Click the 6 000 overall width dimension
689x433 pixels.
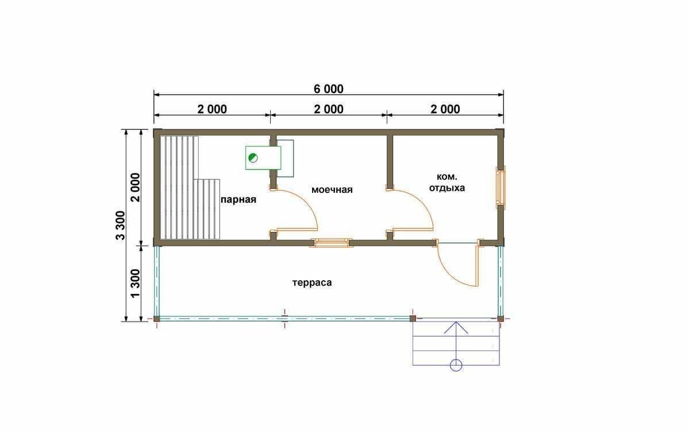coord(329,89)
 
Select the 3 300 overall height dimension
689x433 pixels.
coord(121,225)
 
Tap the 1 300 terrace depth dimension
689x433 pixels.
coord(135,283)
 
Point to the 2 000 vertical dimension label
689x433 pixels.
coord(135,187)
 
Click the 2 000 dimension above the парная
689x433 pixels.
coord(212,109)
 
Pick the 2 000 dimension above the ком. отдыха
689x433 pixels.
coord(445,109)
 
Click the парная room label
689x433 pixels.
coord(238,200)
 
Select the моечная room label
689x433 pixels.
coord(332,190)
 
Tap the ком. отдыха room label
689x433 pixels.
coord(447,183)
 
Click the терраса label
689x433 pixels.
coord(312,283)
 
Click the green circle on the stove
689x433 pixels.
coord(253,158)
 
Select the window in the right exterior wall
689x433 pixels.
coord(501,187)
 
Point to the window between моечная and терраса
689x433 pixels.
coord(332,242)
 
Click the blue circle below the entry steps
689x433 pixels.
coord(456,365)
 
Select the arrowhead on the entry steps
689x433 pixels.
coord(456,327)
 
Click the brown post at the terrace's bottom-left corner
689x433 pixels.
coord(156,319)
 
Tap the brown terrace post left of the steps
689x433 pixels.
coord(413,319)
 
